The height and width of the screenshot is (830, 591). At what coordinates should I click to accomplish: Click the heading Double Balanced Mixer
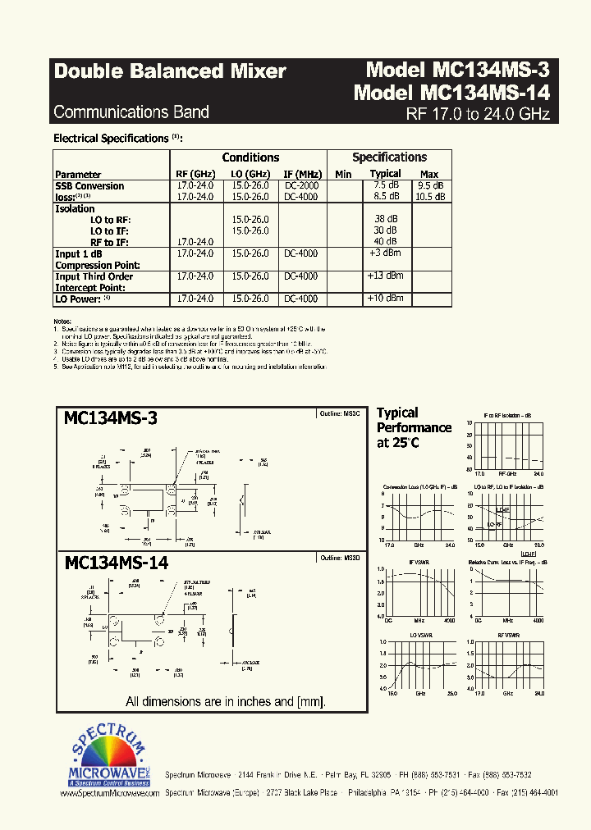point(170,71)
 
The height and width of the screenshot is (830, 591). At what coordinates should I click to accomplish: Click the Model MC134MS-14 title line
point(451,93)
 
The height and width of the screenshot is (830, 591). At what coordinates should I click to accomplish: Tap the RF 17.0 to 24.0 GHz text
point(478,114)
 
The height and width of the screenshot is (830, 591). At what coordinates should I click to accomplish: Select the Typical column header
point(385,174)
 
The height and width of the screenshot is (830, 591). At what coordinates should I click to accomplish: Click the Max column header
point(429,174)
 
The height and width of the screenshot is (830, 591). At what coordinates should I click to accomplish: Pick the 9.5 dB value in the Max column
point(430,185)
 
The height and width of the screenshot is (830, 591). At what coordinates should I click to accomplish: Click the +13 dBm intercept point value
point(385,276)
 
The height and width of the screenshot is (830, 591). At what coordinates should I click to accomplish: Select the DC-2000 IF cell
point(301,185)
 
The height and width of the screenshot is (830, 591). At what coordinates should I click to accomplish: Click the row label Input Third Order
point(94,276)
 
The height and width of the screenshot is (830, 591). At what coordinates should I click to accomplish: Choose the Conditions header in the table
point(250,157)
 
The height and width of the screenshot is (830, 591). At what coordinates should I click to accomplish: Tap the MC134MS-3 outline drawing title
point(111,418)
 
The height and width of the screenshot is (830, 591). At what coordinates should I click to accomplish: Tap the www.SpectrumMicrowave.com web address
point(109,794)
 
